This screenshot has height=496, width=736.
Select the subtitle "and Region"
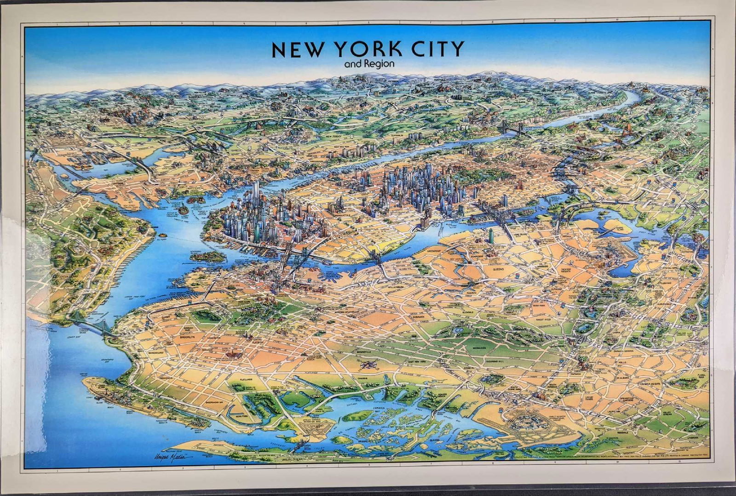click(369, 63)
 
